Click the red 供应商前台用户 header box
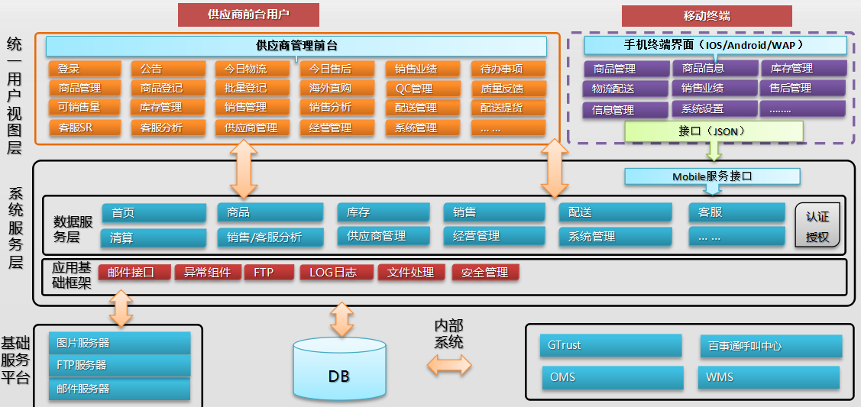[x=248, y=15]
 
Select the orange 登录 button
[x=85, y=69]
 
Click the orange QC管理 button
[x=422, y=88]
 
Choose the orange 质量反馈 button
[x=507, y=88]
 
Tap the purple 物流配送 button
[x=625, y=89]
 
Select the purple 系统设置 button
[x=714, y=108]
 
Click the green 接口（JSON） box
[x=714, y=131]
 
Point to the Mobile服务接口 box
[x=712, y=176]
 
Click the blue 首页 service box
[x=153, y=213]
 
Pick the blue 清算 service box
[x=153, y=237]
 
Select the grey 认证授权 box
[x=817, y=227]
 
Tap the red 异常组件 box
[x=207, y=272]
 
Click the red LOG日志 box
[x=332, y=272]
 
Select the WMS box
[x=768, y=377]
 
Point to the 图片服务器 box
[x=119, y=343]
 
